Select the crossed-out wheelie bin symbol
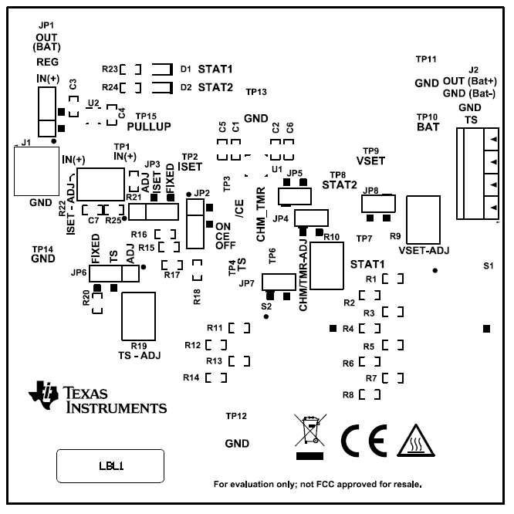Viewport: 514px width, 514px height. click(309, 436)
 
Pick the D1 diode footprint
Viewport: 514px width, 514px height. click(163, 69)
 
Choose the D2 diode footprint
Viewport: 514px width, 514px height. click(163, 87)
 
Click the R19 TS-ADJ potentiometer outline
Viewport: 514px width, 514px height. click(139, 317)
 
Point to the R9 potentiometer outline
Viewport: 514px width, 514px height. click(422, 218)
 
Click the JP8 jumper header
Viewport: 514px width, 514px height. click(378, 204)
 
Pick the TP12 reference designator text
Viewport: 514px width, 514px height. click(236, 416)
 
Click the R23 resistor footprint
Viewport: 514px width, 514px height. click(133, 69)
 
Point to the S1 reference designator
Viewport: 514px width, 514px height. click(488, 265)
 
